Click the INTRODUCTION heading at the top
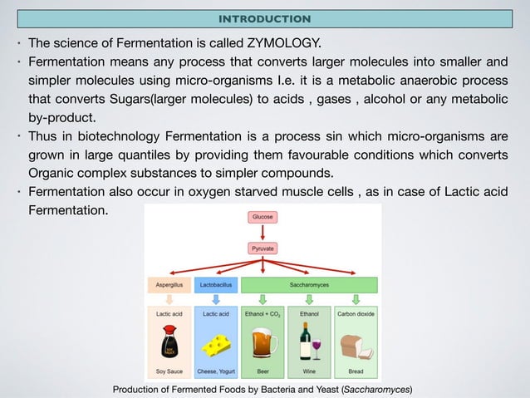[264, 18]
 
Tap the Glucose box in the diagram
[263, 216]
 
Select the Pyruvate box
[263, 248]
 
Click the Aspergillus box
[169, 284]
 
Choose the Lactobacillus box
[216, 284]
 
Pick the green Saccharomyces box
[309, 284]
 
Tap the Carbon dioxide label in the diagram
[356, 314]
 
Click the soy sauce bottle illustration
[169, 341]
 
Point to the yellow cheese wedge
[217, 343]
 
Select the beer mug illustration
[263, 342]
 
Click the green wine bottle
[304, 341]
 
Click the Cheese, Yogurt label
[216, 371]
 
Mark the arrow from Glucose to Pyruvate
[263, 232]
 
